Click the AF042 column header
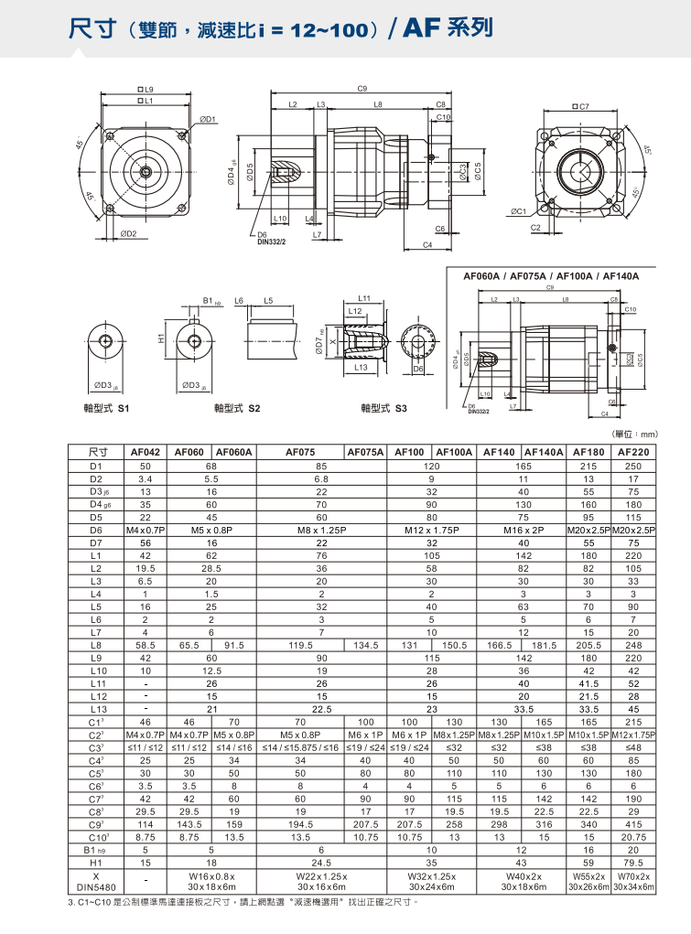pos(145,452)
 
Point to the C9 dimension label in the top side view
pos(362,89)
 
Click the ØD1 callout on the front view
pos(207,119)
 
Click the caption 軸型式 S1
pos(106,406)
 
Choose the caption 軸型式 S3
pos(383,406)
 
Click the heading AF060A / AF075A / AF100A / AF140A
pos(550,276)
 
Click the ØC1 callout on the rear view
pos(519,211)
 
